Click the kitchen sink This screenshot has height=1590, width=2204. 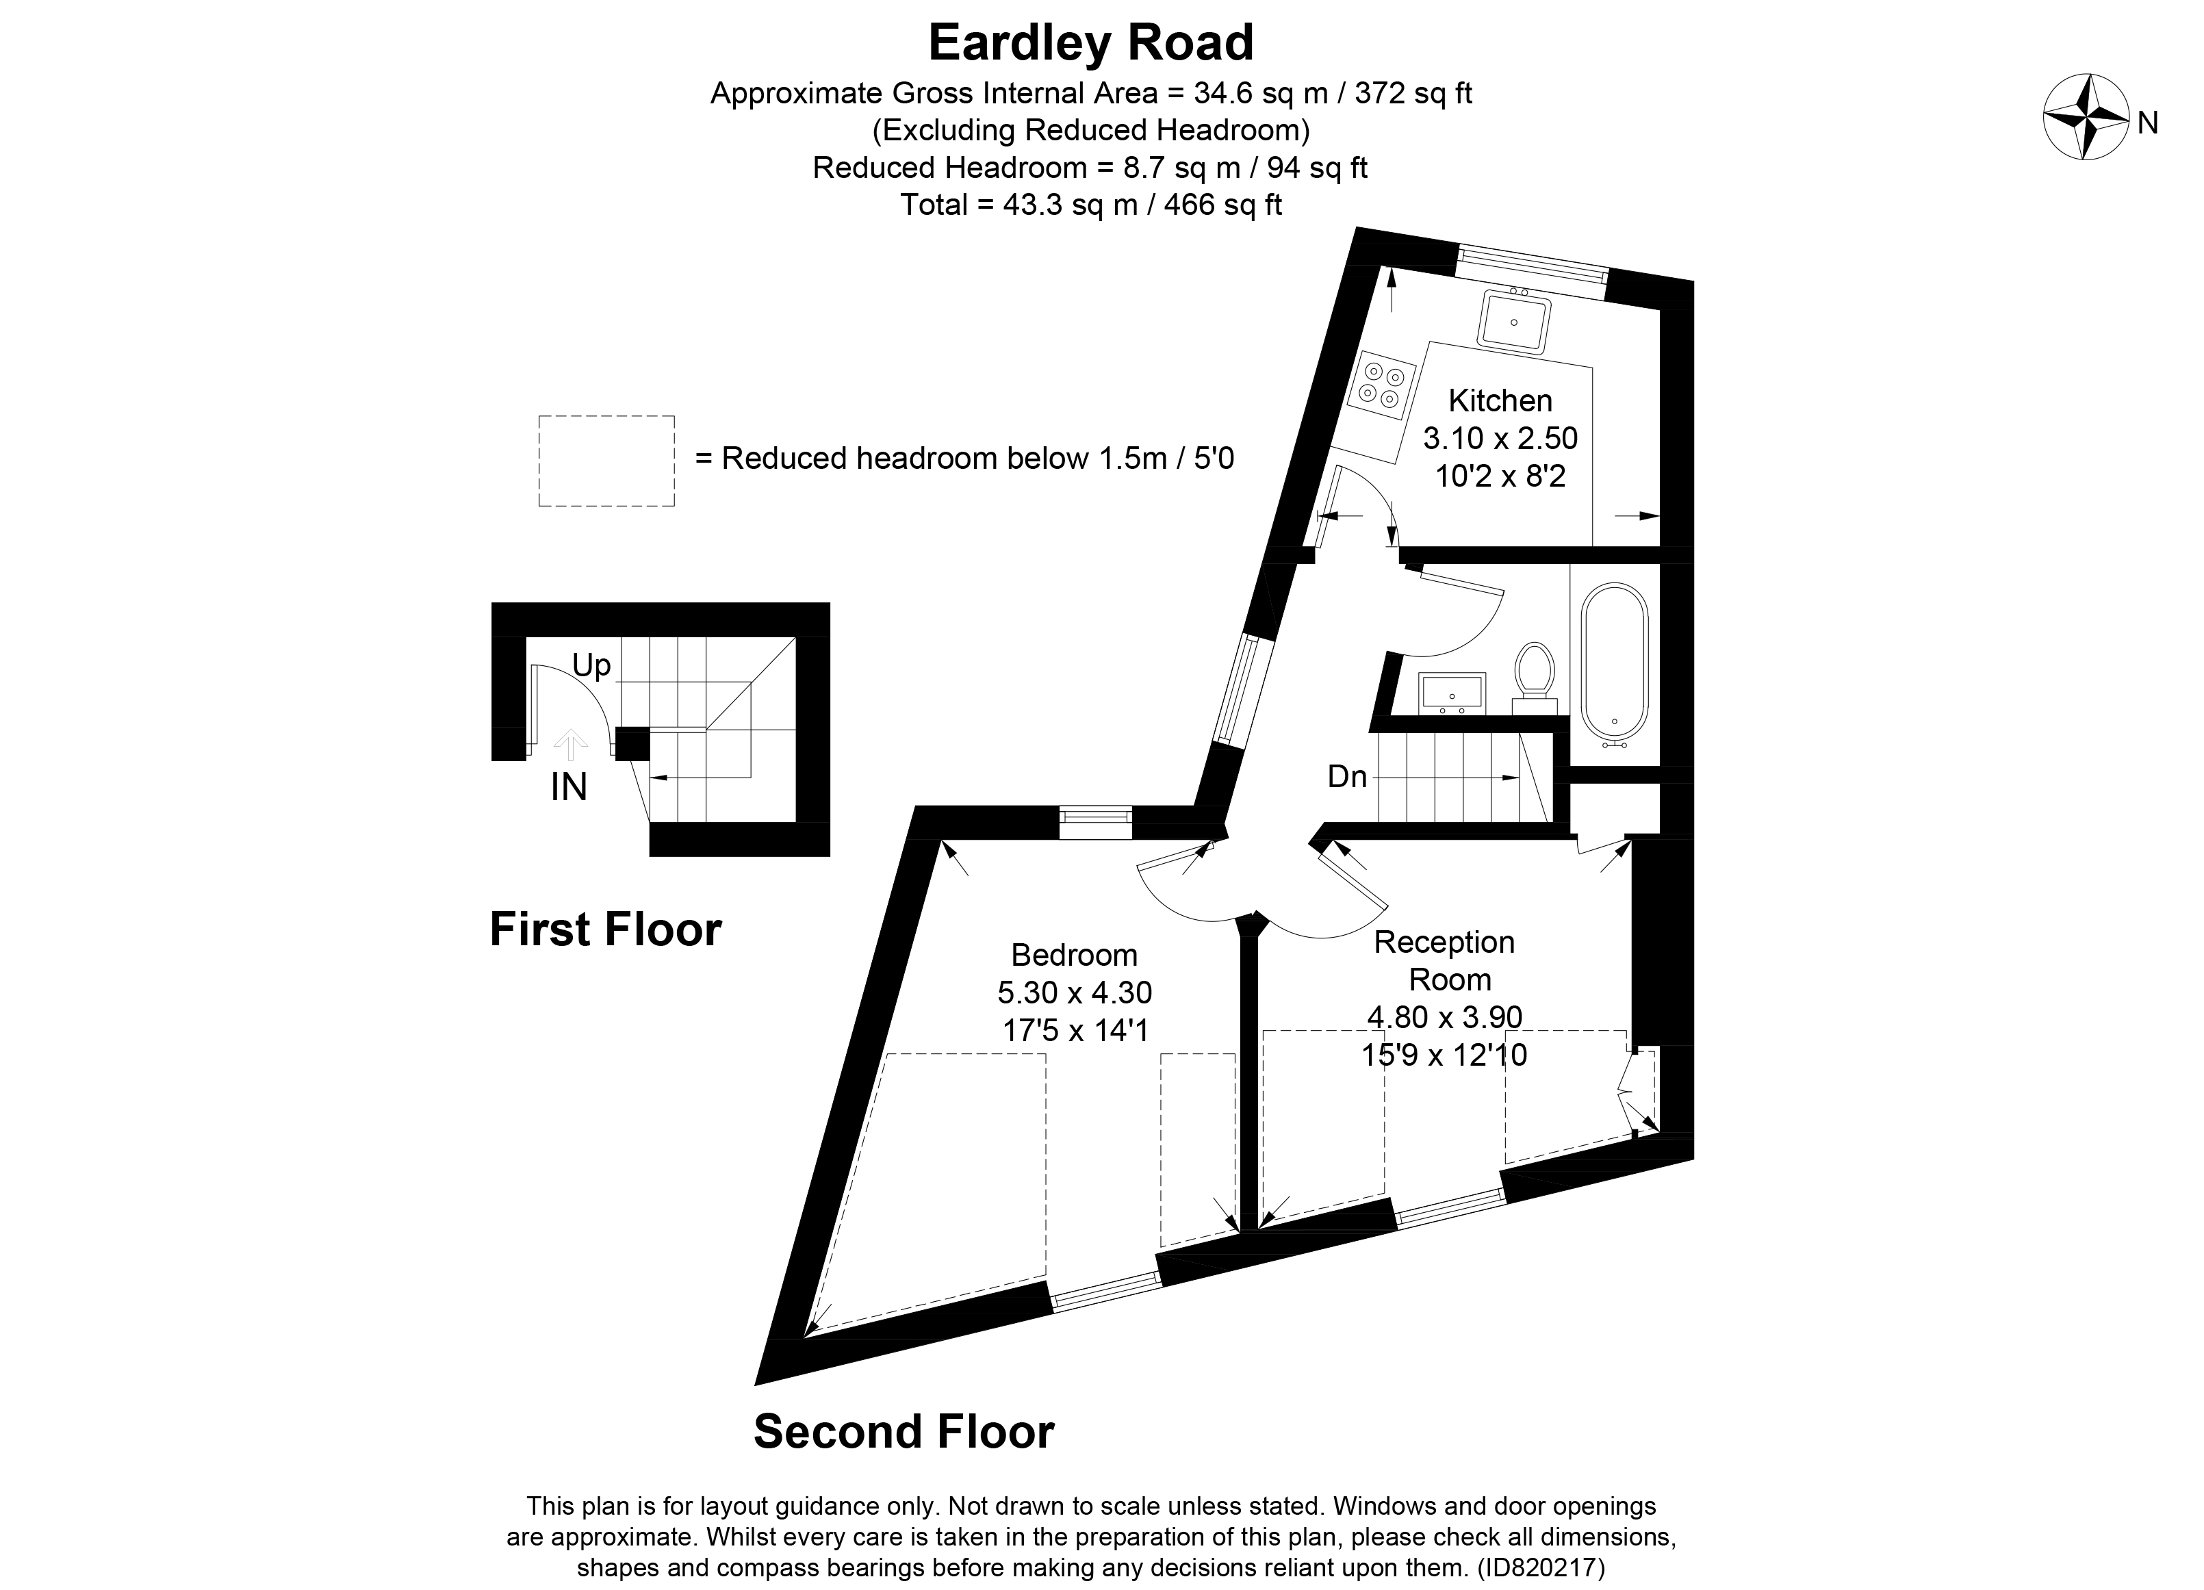coord(1513,322)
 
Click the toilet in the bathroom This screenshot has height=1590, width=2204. coord(1535,671)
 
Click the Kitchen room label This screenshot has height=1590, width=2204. coord(1500,400)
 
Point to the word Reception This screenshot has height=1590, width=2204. coord(1444,942)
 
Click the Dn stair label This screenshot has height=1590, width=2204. coord(1347,777)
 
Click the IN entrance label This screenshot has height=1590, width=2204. coord(569,787)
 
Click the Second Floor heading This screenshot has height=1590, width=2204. coord(904,1432)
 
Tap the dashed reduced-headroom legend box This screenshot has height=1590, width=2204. coord(606,461)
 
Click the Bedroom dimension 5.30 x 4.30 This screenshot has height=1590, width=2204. coord(1075,992)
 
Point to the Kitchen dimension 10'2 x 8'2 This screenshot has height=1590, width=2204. coord(1500,476)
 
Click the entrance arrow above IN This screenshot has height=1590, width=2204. coord(569,745)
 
